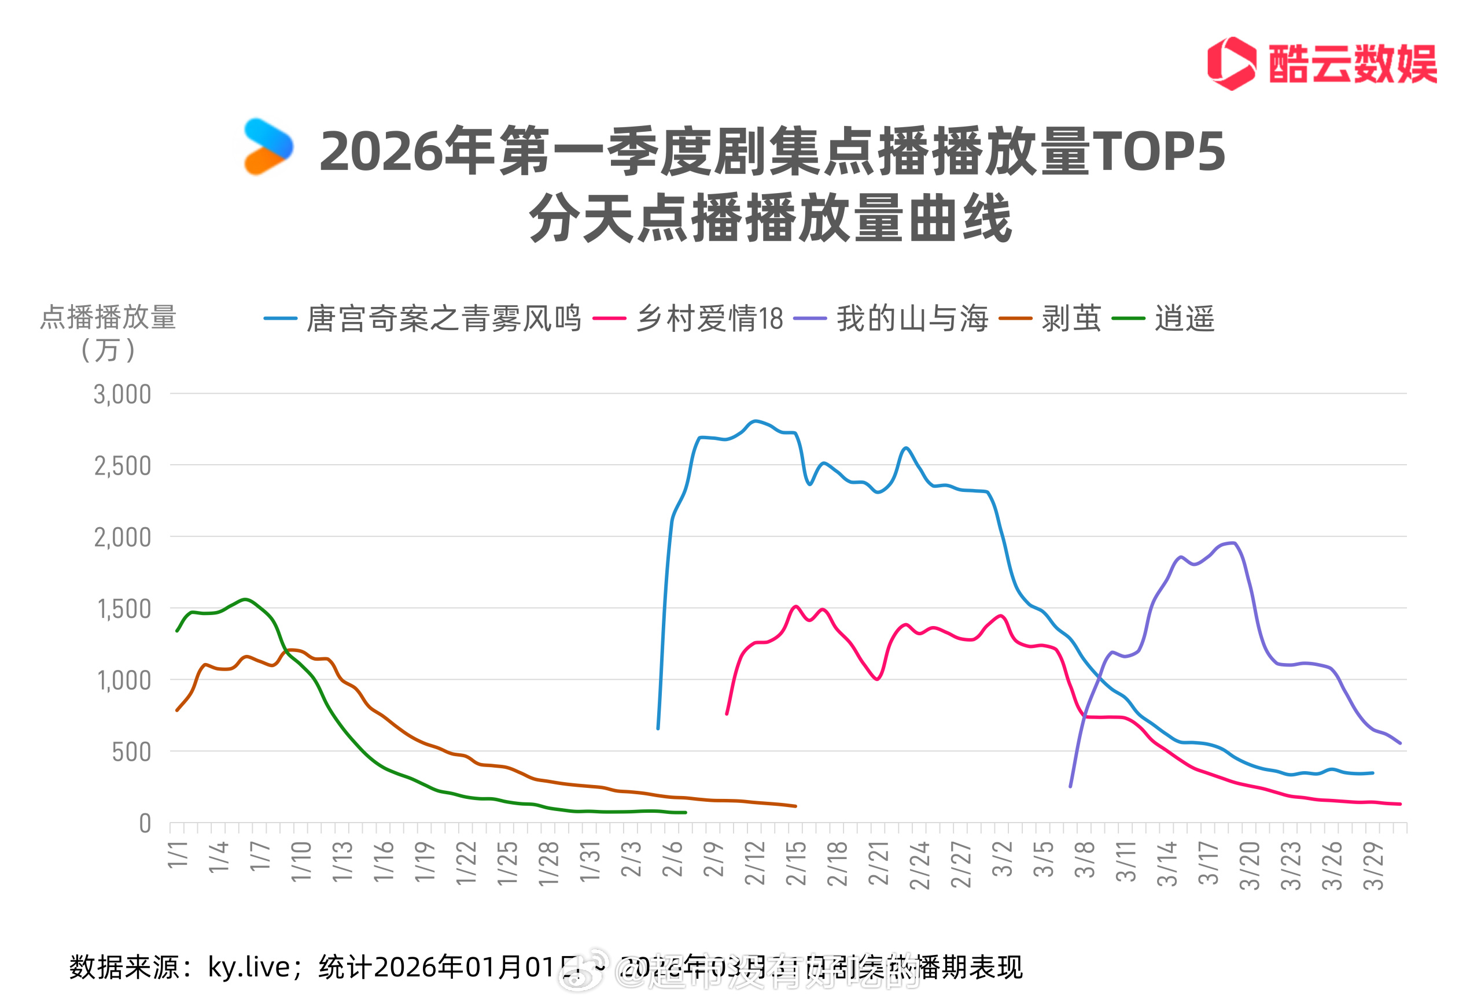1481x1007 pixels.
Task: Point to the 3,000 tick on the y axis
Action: tap(122, 394)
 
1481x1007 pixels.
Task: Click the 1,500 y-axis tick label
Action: tap(124, 609)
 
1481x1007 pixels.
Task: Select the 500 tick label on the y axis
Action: tap(131, 752)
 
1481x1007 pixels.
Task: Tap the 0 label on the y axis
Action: tap(145, 824)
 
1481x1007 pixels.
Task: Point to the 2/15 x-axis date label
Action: tap(797, 863)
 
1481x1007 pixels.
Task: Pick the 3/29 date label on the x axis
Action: tap(1373, 865)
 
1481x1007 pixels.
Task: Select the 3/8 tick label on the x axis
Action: tap(1085, 858)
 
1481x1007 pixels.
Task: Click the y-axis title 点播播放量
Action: tap(108, 317)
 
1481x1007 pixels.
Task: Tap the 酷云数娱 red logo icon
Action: tap(1231, 63)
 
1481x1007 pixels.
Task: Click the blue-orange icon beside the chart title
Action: tap(268, 146)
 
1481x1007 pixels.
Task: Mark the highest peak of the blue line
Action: tap(755, 421)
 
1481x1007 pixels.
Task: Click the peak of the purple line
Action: tap(1235, 543)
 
